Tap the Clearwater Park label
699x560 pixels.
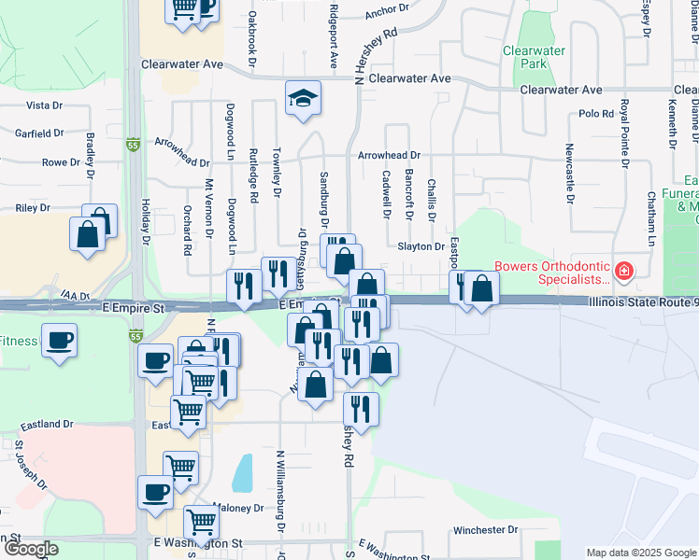(524, 57)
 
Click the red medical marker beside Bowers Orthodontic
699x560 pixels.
(624, 273)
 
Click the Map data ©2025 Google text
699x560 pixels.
(641, 553)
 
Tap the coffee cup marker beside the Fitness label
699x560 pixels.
(62, 340)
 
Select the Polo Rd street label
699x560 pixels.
(595, 113)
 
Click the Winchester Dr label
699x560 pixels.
(485, 530)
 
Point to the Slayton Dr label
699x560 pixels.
(421, 246)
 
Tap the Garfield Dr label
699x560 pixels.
(38, 133)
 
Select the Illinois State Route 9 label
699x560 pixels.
(643, 301)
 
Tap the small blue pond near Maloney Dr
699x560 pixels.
(242, 473)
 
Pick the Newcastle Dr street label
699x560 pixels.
(569, 174)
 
